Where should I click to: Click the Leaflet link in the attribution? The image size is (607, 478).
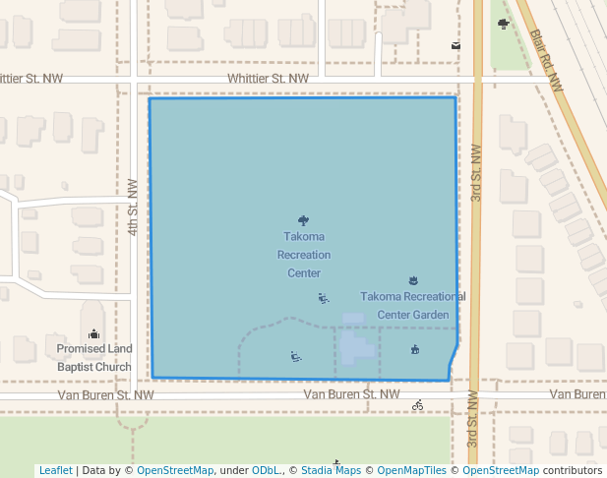pyautogui.click(x=55, y=471)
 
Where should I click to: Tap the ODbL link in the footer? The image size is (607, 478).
pyautogui.click(x=265, y=471)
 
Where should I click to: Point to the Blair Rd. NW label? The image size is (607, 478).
pyautogui.click(x=546, y=60)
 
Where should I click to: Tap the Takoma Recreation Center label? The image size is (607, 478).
pyautogui.click(x=304, y=255)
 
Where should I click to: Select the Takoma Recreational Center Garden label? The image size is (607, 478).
pyautogui.click(x=412, y=305)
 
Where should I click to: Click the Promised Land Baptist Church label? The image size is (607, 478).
pyautogui.click(x=94, y=358)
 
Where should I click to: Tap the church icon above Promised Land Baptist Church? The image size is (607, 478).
pyautogui.click(x=93, y=333)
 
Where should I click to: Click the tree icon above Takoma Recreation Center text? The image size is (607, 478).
pyautogui.click(x=303, y=220)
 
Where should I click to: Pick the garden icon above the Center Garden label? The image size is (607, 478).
pyautogui.click(x=412, y=280)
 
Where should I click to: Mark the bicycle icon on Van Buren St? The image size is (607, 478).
pyautogui.click(x=418, y=404)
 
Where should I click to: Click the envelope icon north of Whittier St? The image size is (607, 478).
pyautogui.click(x=455, y=45)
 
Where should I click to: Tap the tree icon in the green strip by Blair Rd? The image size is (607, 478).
pyautogui.click(x=504, y=24)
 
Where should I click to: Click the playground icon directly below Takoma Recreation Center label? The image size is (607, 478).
pyautogui.click(x=324, y=298)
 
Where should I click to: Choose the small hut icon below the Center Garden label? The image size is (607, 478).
pyautogui.click(x=415, y=349)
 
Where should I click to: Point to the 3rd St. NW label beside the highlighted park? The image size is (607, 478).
pyautogui.click(x=475, y=173)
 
